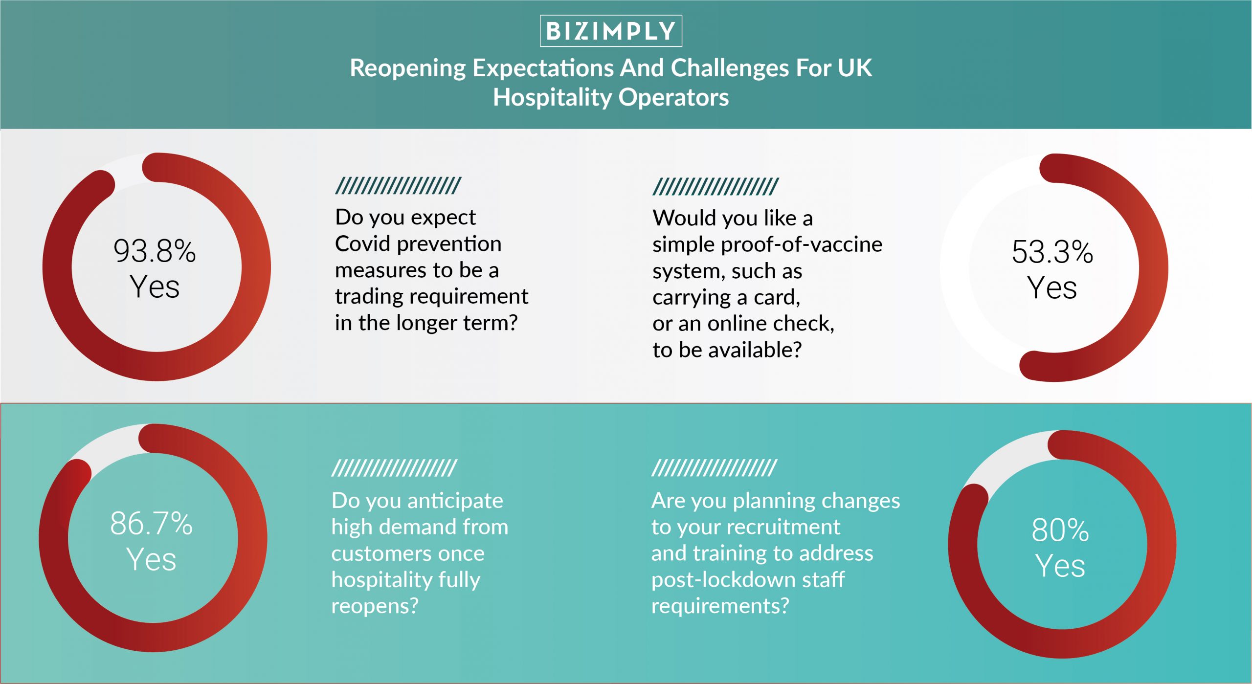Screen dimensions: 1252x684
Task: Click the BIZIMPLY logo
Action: coord(611,31)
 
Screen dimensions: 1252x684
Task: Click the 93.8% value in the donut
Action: coord(155,251)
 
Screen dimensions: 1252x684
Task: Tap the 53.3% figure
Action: coord(1052,252)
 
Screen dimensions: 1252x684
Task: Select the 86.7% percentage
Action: coord(151,524)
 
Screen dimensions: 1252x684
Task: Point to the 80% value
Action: coord(1060,530)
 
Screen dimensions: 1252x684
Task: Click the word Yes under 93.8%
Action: coord(155,287)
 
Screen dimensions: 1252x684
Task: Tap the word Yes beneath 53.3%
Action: coord(1052,287)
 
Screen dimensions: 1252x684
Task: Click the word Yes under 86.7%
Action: coord(151,559)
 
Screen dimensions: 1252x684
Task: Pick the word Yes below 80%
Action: coord(1060,566)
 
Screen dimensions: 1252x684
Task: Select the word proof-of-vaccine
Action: coord(802,244)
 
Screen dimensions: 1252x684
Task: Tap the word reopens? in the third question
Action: coord(375,606)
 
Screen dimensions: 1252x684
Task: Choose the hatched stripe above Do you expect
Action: coord(398,186)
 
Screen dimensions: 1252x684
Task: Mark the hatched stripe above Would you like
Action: coord(715,187)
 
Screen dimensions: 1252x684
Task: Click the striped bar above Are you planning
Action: coord(715,468)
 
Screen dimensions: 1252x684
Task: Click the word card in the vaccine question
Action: coord(777,297)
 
